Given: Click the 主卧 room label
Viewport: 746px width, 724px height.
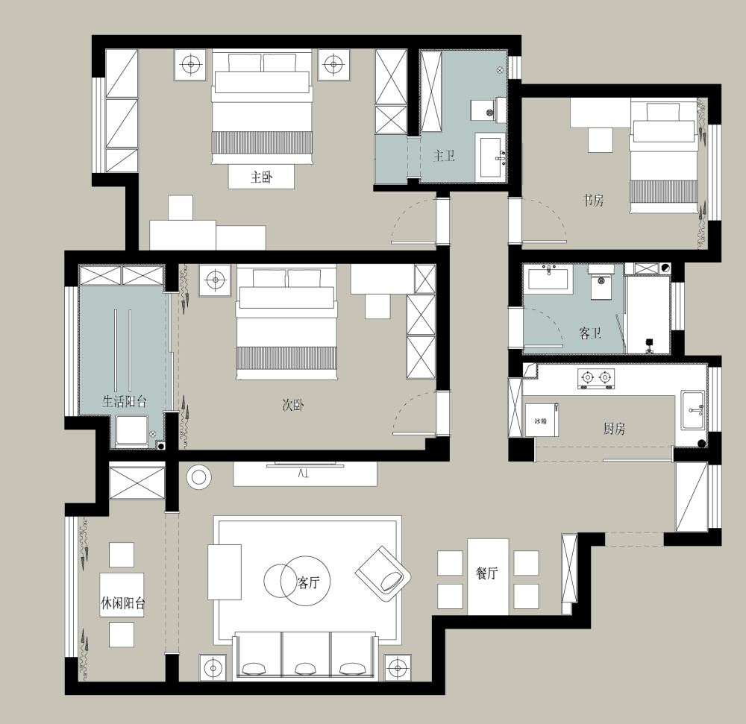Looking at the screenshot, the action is tap(262, 177).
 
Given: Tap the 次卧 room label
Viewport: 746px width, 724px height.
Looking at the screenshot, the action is tap(293, 405).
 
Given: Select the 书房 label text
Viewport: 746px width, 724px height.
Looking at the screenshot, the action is tap(593, 200).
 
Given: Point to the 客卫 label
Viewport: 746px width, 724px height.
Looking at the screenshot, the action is tap(590, 333).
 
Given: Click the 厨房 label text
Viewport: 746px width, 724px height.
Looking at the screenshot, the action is tap(614, 429).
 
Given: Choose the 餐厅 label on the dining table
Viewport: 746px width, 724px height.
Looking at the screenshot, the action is tap(487, 573).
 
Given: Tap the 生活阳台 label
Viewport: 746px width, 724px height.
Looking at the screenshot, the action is tap(124, 402).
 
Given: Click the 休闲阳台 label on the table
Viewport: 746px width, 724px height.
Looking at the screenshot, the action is tap(123, 603).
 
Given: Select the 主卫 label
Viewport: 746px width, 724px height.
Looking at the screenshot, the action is tap(444, 155).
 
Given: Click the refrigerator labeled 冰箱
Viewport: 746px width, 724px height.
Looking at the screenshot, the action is tap(542, 420).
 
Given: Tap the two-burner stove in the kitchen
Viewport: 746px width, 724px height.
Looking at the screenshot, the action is tap(596, 378).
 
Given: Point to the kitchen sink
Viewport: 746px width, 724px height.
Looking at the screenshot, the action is tap(692, 410).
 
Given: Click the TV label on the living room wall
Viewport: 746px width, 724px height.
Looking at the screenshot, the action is tap(304, 473).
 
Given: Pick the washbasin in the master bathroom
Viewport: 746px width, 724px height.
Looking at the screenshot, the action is tap(491, 157).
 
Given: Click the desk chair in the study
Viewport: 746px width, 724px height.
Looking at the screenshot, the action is tap(600, 139).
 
